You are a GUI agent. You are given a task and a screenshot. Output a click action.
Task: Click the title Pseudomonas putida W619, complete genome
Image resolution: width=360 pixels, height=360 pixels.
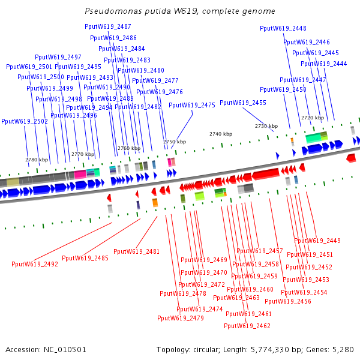tap(180, 11)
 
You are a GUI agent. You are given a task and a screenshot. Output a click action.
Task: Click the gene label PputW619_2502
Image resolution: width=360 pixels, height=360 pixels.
tap(25, 121)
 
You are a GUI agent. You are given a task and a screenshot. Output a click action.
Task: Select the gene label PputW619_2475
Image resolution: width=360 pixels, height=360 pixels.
tap(192, 105)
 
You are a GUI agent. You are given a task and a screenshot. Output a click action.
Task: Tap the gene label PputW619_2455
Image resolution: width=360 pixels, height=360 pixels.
tap(243, 103)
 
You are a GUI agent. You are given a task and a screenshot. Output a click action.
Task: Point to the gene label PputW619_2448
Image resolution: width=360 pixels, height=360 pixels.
tap(283, 28)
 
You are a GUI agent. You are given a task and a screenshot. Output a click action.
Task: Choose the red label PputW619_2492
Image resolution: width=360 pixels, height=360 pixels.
tap(35, 264)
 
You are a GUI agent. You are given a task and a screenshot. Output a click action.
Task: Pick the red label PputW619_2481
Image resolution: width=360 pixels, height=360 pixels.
tap(136, 251)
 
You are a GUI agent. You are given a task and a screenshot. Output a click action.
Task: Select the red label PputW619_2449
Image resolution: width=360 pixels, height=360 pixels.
tap(317, 241)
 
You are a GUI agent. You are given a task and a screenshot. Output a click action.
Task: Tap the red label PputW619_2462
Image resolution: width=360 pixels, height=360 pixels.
tap(247, 326)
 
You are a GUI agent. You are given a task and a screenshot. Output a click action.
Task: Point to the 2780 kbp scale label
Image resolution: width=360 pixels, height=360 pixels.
tap(37, 160)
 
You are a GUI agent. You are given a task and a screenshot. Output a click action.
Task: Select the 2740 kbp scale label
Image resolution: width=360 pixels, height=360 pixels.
tap(220, 134)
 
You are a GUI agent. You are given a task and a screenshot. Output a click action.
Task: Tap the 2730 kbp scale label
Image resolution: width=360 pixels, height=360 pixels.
tap(266, 126)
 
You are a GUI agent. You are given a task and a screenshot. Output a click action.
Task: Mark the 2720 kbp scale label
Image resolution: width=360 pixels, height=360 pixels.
tap(313, 118)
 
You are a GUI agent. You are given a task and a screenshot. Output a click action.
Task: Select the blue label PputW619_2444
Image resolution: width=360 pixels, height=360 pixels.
tap(324, 64)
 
